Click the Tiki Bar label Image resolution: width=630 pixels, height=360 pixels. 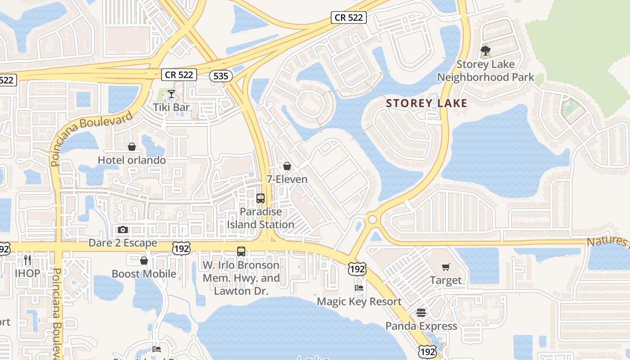click(x=171, y=108)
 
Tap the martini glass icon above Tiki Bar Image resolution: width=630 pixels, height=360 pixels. click(x=171, y=94)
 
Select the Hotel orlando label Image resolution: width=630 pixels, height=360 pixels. click(x=132, y=160)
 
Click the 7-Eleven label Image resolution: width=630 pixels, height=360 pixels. click(x=287, y=179)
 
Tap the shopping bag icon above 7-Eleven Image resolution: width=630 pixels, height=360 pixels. click(x=287, y=166)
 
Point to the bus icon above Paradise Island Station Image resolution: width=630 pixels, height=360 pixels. click(x=261, y=198)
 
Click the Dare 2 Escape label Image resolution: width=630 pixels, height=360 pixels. click(x=123, y=243)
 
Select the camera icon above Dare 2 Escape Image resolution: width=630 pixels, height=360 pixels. click(x=123, y=230)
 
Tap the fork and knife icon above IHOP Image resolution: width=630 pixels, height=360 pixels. click(x=27, y=260)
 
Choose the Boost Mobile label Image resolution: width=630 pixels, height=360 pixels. click(x=144, y=274)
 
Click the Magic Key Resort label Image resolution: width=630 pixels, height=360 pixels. click(x=359, y=301)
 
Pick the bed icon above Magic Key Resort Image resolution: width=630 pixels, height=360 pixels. click(x=359, y=288)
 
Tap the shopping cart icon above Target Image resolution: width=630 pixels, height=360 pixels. click(x=446, y=267)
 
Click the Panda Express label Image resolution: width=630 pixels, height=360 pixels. click(x=421, y=326)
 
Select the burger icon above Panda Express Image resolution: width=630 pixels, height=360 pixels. click(x=421, y=313)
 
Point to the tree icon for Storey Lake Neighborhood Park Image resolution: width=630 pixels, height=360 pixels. click(x=486, y=51)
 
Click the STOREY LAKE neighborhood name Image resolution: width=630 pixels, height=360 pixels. click(x=427, y=103)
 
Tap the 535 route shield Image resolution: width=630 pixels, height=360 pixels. click(x=220, y=76)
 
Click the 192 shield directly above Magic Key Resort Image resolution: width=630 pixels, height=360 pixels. click(x=357, y=269)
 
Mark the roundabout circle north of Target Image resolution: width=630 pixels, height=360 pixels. click(x=372, y=220)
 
